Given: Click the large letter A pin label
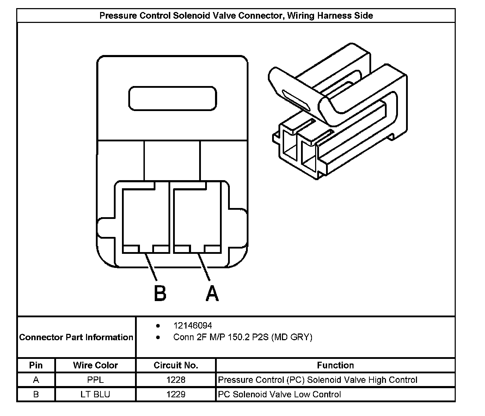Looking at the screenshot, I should pos(212,293).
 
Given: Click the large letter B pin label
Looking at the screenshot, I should pos(160,293).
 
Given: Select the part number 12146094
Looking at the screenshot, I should pos(192,325).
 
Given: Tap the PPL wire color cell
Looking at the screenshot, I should pos(95,380).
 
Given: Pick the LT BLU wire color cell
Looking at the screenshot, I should pos(95,394).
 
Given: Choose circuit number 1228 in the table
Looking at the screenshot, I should pos(176,380).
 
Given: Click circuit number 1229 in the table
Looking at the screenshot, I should pos(176,394).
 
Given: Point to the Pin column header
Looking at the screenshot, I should pos(36,365).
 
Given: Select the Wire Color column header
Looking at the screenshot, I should pos(95,365).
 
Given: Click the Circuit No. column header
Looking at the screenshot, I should pos(176,365).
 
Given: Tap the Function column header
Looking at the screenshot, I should pos(335,365).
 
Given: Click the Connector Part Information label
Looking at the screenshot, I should pos(76,337).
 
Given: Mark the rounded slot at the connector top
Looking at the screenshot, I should pos(172,98).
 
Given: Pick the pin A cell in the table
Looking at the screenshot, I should pos(36,380).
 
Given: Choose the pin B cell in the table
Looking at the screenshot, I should pos(36,394).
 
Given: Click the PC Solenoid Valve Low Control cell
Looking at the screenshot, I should pos(279,394).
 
